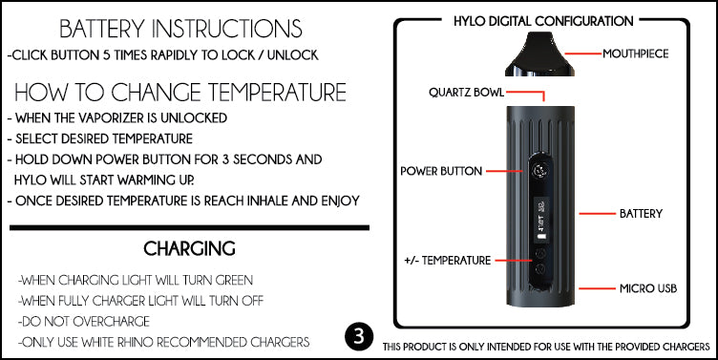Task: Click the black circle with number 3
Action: [359, 337]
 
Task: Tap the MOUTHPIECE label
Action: [635, 53]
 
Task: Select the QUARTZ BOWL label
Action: [466, 92]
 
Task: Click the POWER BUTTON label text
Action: [441, 171]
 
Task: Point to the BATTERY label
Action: [641, 214]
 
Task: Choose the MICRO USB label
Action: [648, 288]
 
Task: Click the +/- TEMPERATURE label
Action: [448, 261]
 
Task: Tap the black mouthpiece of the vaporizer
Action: [539, 54]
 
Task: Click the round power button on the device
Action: [539, 171]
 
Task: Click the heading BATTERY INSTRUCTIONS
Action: [180, 29]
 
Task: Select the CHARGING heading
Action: [189, 248]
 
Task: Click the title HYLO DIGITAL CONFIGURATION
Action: [543, 21]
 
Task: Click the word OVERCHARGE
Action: [112, 322]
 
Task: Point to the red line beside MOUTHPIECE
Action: [582, 54]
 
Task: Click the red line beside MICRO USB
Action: [597, 288]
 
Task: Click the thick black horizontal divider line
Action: [190, 227]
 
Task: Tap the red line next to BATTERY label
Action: [597, 214]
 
